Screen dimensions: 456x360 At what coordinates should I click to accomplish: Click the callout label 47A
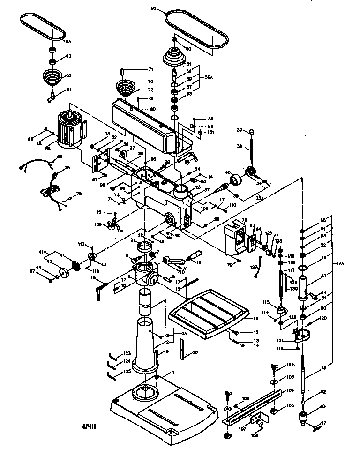click(340, 264)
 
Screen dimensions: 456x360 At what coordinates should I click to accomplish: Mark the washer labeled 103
click(275, 377)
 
